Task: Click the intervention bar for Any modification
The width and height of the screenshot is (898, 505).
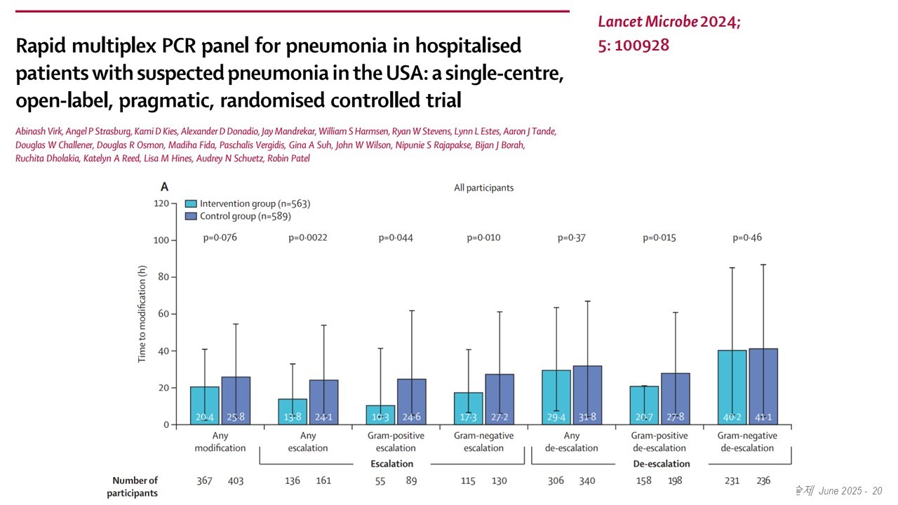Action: (205, 405)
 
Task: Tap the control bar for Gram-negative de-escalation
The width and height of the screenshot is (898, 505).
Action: (763, 386)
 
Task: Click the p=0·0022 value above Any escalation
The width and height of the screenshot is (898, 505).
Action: (307, 238)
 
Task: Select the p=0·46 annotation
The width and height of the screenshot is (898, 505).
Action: (747, 238)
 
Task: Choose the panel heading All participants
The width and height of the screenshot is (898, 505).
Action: (484, 188)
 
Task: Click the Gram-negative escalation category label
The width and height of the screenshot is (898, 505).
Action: (483, 442)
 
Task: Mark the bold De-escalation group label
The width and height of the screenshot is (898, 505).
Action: (660, 464)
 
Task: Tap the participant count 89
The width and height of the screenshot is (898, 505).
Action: (412, 480)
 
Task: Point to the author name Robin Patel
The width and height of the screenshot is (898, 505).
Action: (286, 159)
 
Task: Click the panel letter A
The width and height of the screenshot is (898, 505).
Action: (165, 187)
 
